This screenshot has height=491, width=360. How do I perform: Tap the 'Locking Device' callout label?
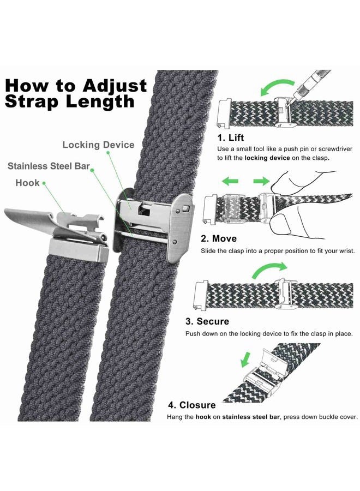pyautogui.click(x=98, y=145)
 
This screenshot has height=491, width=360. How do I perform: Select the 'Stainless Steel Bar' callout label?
pyautogui.click(x=49, y=165)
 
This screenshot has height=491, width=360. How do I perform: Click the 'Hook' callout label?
pyautogui.click(x=28, y=183)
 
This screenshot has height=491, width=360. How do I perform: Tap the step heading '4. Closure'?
pyautogui.click(x=191, y=405)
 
